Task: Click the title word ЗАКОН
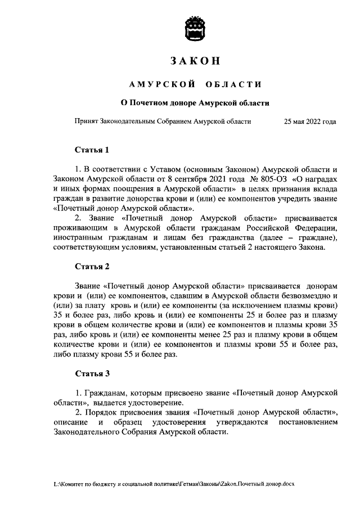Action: pyautogui.click(x=195, y=61)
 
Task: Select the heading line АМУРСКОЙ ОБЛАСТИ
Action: pyautogui.click(x=195, y=84)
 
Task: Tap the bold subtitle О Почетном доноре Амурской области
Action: pyautogui.click(x=196, y=103)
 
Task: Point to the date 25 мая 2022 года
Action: pyautogui.click(x=310, y=121)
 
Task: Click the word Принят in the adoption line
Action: pyautogui.click(x=86, y=121)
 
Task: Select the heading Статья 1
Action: pyautogui.click(x=92, y=150)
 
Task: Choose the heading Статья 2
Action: pyautogui.click(x=92, y=267)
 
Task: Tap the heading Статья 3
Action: pyautogui.click(x=92, y=373)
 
